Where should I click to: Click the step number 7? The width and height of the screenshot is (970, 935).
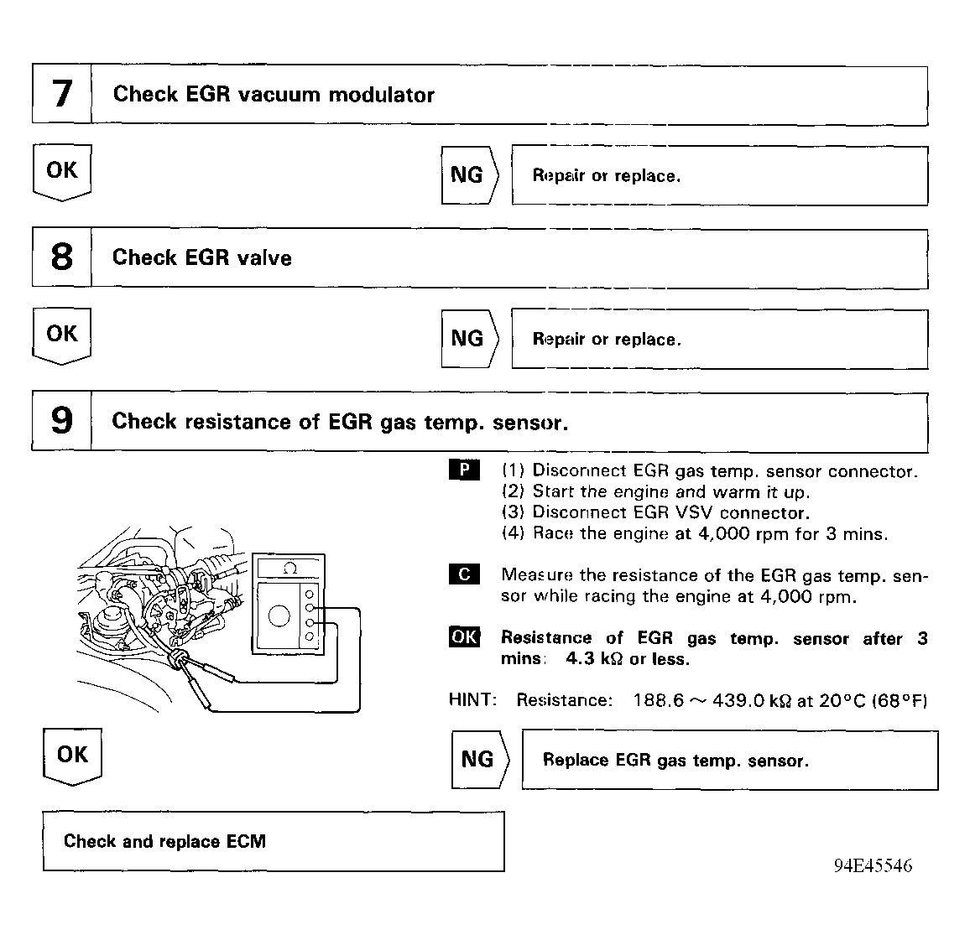coord(62,94)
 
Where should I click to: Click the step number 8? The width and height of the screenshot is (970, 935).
coord(62,257)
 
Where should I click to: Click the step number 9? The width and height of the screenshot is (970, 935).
coord(62,421)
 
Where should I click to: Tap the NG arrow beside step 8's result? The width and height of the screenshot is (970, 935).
coord(469,339)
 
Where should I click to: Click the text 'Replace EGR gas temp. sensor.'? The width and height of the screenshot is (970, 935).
coord(675,761)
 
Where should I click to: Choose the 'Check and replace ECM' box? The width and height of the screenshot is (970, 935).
coord(274,841)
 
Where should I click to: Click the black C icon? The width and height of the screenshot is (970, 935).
coord(464,575)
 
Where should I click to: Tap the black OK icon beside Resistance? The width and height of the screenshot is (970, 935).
coord(464,637)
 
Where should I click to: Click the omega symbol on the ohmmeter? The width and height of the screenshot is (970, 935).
coord(290,569)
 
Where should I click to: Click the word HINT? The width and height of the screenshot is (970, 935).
coord(473,700)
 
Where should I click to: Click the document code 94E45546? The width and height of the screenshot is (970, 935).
coord(873,866)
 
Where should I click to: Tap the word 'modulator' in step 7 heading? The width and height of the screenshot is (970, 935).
coord(381,95)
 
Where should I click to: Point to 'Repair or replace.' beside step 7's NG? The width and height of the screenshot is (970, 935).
coord(606,176)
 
